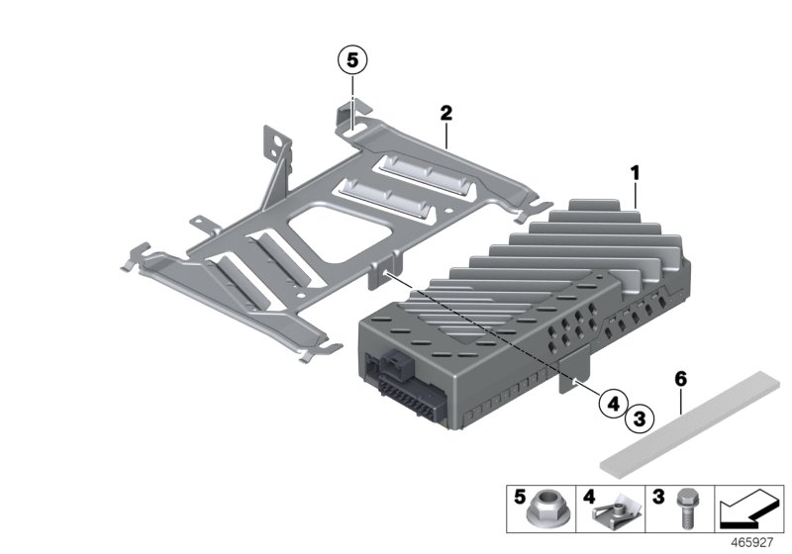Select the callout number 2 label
coord(446,115)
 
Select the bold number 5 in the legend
coord(520,495)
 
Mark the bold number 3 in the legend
coord(656,495)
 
